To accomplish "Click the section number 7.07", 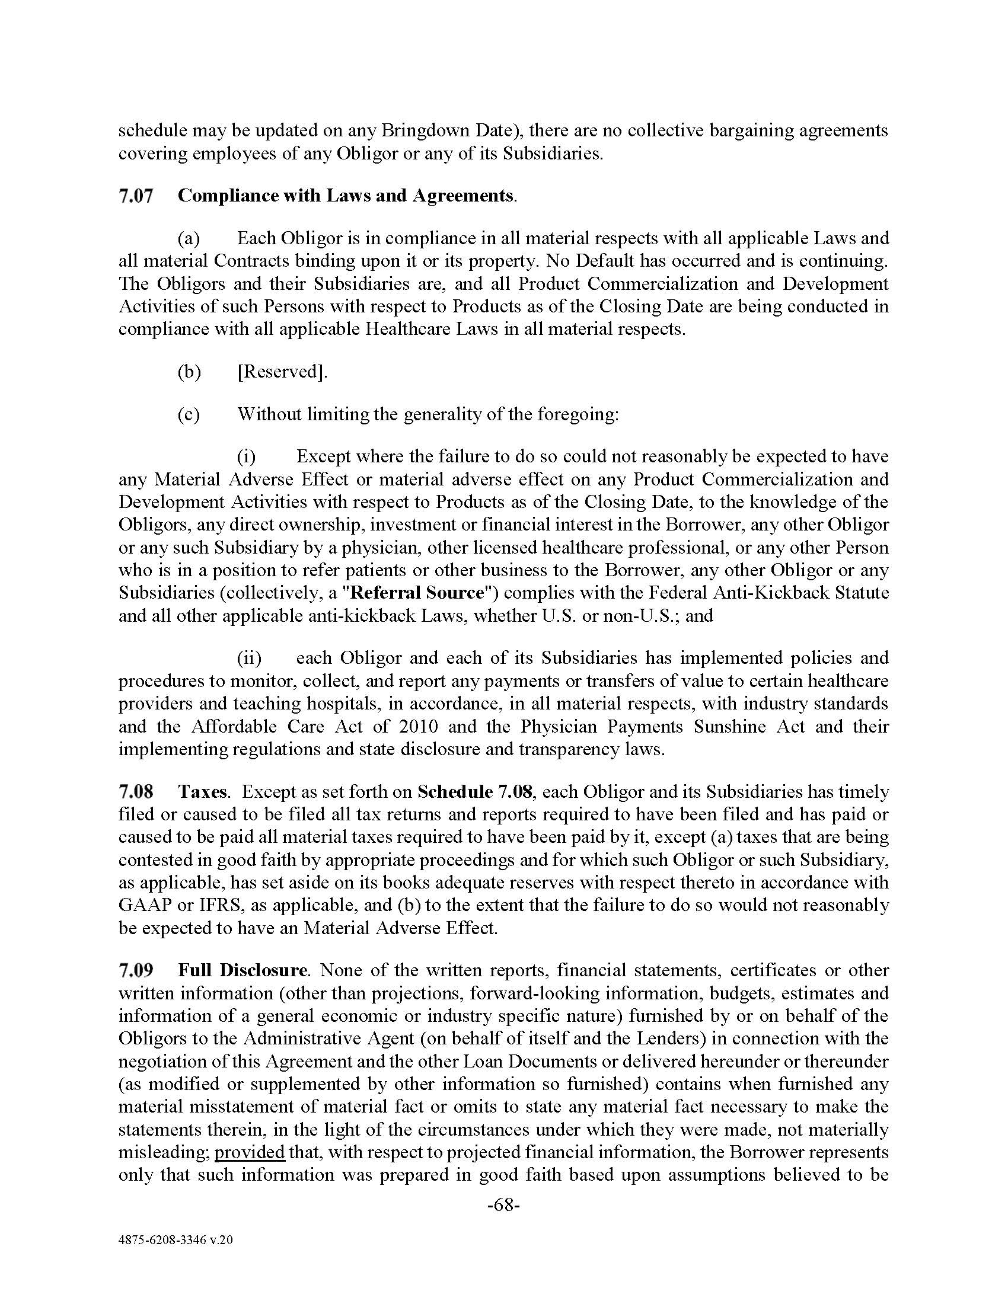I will point(136,196).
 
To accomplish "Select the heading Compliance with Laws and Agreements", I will point(346,196).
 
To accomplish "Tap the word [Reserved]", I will point(282,372).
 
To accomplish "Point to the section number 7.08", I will point(136,792).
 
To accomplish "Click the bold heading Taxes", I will point(202,792).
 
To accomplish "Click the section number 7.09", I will point(136,970).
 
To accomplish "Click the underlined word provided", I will point(249,1152).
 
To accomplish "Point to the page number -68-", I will point(503,1206).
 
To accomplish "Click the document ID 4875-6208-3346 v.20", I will point(176,1240).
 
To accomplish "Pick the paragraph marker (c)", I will point(189,414).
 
